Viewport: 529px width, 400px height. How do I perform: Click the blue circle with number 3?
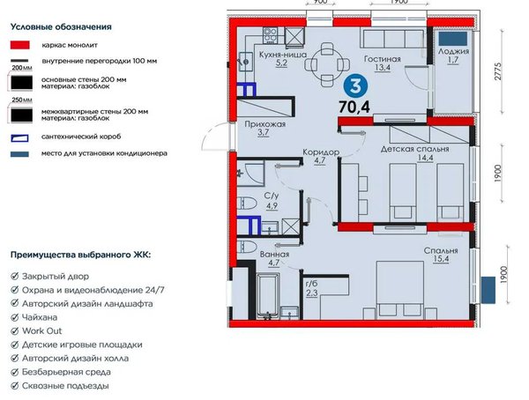tap(355, 86)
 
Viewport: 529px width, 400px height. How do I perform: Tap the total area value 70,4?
tap(354, 107)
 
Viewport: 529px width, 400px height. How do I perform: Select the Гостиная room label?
tap(383, 59)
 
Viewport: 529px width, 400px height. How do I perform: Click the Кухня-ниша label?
tap(283, 55)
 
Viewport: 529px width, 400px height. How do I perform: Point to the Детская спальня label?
tap(415, 149)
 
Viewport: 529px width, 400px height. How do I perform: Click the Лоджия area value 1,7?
tap(454, 60)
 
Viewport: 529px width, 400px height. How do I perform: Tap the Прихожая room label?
tap(265, 124)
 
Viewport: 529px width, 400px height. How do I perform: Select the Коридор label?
tap(321, 152)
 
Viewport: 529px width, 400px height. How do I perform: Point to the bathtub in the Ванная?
tap(268, 296)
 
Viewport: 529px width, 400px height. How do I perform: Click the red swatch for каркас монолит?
tap(20, 45)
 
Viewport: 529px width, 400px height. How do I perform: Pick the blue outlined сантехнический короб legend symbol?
tap(19, 137)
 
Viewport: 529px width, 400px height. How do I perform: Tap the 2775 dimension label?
tap(498, 71)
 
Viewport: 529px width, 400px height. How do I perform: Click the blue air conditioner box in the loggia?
tap(453, 39)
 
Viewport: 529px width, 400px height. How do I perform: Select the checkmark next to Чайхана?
tap(14, 317)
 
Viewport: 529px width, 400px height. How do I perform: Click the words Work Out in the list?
tap(41, 331)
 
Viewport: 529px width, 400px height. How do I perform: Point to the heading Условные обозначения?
tap(61, 26)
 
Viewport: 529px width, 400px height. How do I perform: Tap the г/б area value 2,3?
tap(312, 293)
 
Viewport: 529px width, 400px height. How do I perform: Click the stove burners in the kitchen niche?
tap(271, 36)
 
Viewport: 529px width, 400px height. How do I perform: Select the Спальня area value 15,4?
tap(441, 259)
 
